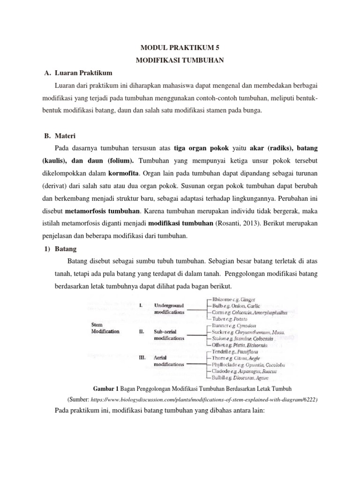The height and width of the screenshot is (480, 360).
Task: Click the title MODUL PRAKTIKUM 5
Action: coord(180,48)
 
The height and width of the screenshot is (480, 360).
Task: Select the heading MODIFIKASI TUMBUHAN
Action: coord(180,60)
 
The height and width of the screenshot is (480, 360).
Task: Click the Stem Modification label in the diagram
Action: coord(105,327)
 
